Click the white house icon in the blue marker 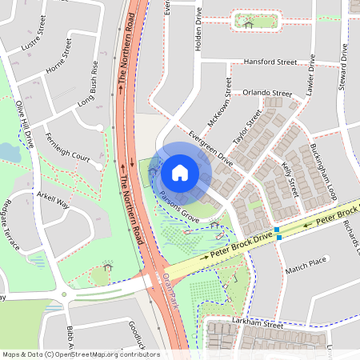(180, 172)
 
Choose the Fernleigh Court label (68, 147)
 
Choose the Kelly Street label (290, 178)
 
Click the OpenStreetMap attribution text (81, 354)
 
